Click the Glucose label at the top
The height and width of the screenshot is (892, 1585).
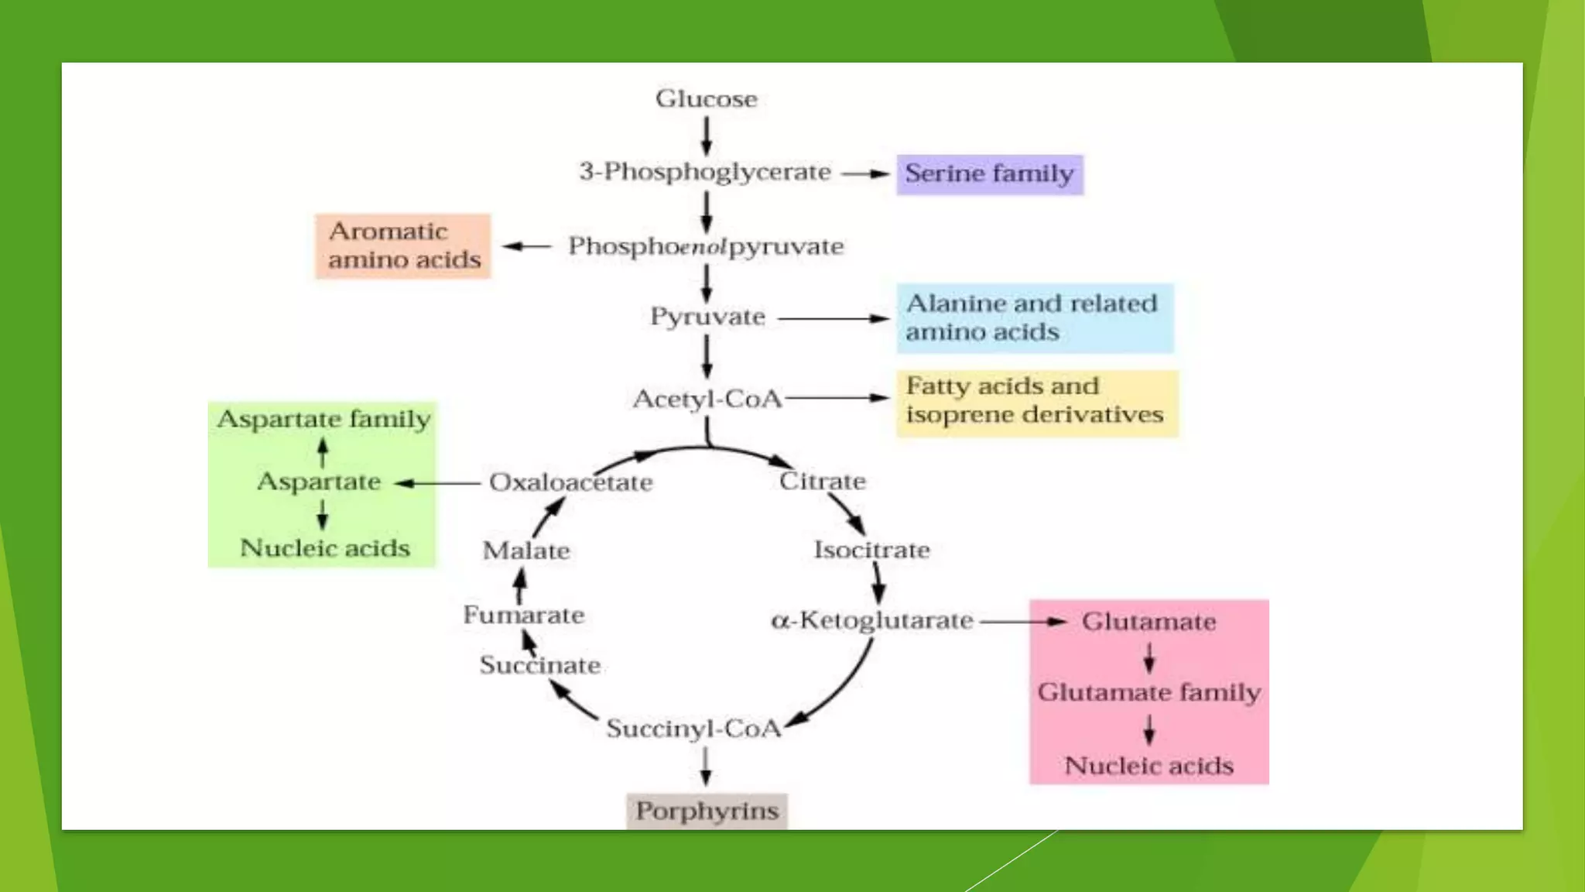click(x=706, y=99)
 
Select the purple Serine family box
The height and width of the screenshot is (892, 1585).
click(x=989, y=174)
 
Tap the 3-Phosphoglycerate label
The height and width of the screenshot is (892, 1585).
click(x=704, y=172)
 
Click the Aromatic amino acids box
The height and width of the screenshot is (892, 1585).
click(x=403, y=245)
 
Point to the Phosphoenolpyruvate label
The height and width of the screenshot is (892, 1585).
click(x=706, y=246)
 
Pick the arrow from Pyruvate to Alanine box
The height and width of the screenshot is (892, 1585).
click(x=833, y=318)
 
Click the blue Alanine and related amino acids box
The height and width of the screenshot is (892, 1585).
click(x=1034, y=318)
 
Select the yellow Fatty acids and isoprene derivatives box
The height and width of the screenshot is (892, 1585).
click(x=1036, y=402)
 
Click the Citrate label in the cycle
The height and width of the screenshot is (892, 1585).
click(x=822, y=481)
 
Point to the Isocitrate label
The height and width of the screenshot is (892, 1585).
click(x=871, y=550)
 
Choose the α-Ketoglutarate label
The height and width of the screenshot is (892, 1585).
click(x=872, y=620)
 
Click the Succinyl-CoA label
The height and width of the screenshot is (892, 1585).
click(x=693, y=729)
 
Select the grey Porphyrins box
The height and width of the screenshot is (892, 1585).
click(x=707, y=811)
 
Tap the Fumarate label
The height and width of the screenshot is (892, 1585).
click(x=523, y=615)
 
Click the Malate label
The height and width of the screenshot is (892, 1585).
click(x=526, y=551)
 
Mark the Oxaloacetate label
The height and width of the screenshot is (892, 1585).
click(x=570, y=482)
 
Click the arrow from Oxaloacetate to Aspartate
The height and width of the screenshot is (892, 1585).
click(x=438, y=483)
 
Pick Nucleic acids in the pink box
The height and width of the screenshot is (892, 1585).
click(x=1149, y=766)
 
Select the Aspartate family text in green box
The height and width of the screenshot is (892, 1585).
click(x=324, y=419)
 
